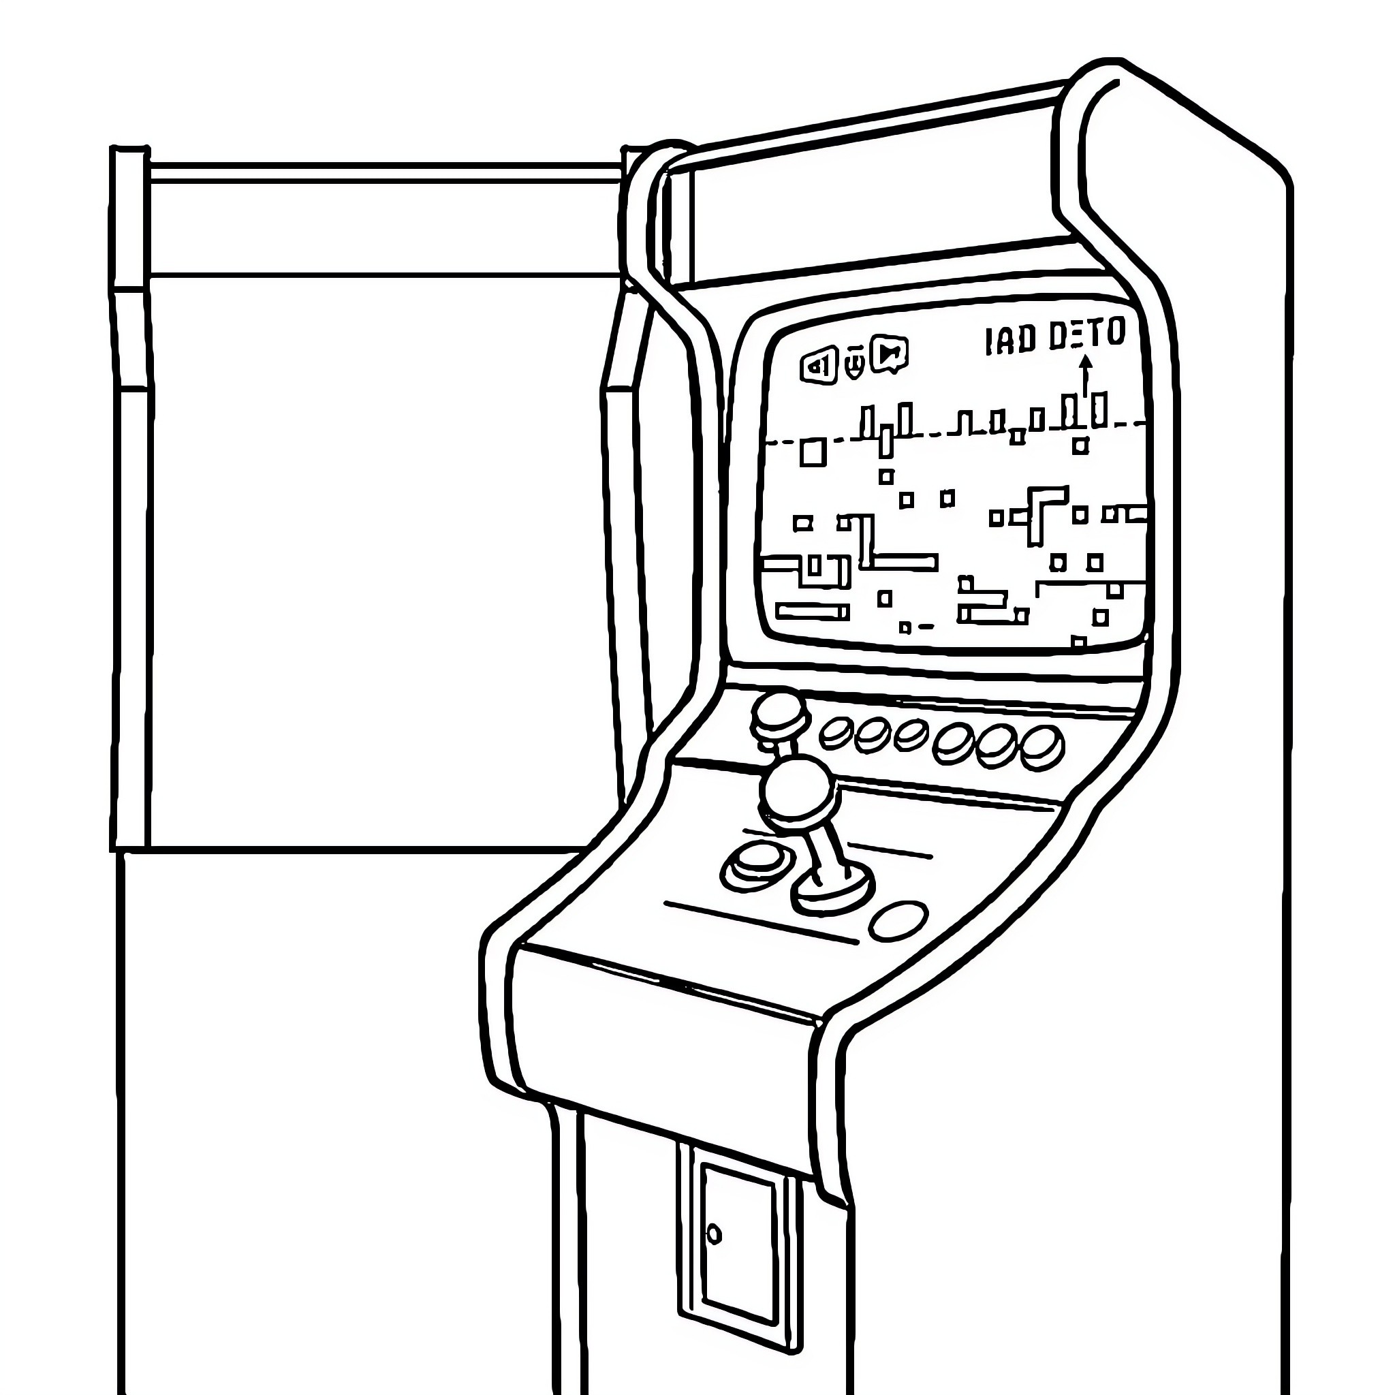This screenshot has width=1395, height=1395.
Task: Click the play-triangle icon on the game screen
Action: (x=890, y=354)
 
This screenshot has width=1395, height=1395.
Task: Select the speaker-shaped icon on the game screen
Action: (x=818, y=366)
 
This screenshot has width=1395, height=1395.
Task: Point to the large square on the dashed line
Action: (x=813, y=452)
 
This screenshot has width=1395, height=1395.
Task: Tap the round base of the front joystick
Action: (x=832, y=892)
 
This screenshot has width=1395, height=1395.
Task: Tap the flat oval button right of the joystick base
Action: (x=899, y=922)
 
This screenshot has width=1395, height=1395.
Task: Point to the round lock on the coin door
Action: (x=713, y=1234)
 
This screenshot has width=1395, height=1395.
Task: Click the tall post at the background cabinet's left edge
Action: (x=130, y=498)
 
